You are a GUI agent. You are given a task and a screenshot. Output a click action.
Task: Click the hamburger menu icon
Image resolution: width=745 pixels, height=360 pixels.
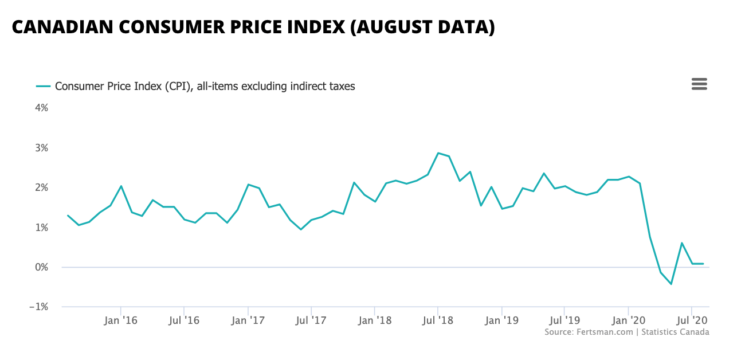click(699, 84)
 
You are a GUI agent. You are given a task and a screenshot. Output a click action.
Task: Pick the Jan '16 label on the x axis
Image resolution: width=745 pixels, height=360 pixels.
click(120, 320)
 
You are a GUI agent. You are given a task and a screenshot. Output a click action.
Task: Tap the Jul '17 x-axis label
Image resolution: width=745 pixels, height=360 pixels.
click(311, 320)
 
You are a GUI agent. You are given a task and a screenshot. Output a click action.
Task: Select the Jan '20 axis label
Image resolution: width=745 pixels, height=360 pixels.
click(629, 320)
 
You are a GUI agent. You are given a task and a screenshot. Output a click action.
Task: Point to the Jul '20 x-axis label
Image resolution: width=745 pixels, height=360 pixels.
click(692, 320)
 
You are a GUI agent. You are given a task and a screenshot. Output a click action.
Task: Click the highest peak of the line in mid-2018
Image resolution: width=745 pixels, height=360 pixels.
click(438, 153)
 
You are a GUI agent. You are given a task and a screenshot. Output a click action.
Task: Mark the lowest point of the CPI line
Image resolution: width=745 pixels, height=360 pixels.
click(671, 284)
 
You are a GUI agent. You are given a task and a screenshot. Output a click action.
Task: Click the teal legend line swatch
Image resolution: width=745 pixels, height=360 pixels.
click(44, 87)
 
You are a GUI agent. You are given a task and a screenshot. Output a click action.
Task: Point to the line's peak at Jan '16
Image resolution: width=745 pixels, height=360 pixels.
click(121, 186)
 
